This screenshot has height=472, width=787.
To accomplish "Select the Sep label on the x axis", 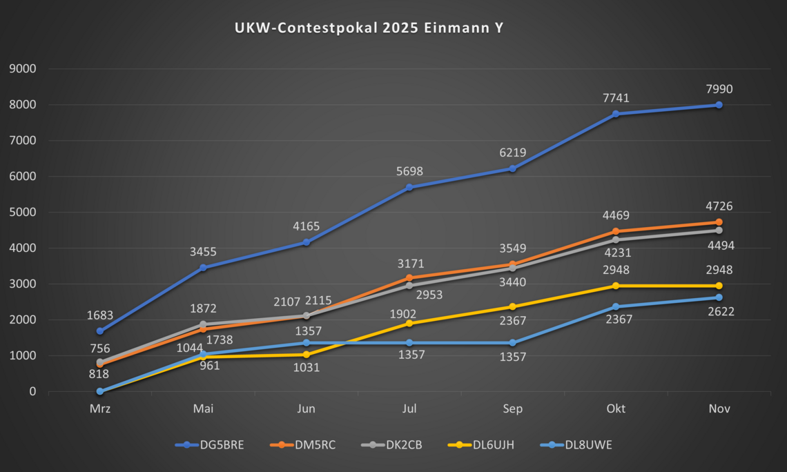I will (x=512, y=409).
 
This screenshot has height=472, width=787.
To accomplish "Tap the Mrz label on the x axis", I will (x=100, y=409).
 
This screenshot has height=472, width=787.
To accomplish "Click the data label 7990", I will (x=719, y=89).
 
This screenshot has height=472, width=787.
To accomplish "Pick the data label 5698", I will (x=409, y=171).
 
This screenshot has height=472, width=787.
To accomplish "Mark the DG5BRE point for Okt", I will (x=615, y=114).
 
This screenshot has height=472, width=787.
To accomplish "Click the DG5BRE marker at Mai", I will (x=203, y=268).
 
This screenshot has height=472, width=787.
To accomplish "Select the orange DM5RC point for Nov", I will (x=719, y=222).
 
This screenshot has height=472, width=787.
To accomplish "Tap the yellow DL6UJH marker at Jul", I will (x=409, y=323).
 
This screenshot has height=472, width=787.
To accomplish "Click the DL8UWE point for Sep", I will (x=512, y=343).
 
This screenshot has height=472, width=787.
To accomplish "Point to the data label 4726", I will (x=719, y=206).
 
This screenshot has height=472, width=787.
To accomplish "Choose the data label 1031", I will (x=306, y=368).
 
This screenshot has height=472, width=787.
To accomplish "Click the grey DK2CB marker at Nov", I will (x=719, y=230).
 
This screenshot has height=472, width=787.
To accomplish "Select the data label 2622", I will (x=720, y=311).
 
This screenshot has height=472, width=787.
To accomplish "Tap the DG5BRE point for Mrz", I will (x=100, y=331).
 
